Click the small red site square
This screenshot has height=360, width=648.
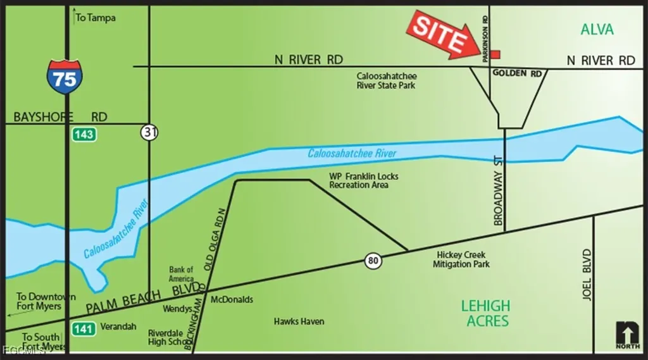click(495, 54)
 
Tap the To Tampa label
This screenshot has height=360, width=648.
click(95, 18)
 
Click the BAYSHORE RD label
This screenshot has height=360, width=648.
click(60, 117)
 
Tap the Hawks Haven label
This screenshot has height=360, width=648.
click(299, 321)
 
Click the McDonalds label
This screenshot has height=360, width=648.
click(232, 299)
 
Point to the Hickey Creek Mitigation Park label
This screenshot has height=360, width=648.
click(461, 259)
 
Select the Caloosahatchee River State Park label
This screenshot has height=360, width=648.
click(387, 80)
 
